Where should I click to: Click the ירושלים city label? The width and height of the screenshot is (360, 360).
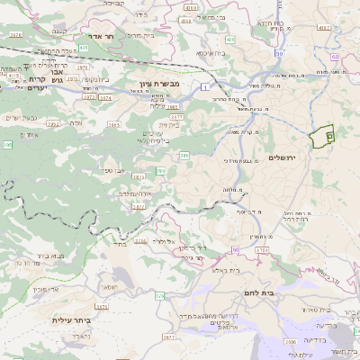click(288, 157)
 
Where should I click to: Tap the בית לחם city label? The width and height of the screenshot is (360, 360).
click(256, 293)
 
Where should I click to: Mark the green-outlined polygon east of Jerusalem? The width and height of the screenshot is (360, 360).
click(320, 137)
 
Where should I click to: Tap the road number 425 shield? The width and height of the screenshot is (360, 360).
click(82, 46)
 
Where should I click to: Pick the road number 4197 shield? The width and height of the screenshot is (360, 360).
click(188, 7)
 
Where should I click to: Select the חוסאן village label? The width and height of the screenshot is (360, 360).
click(109, 285)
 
